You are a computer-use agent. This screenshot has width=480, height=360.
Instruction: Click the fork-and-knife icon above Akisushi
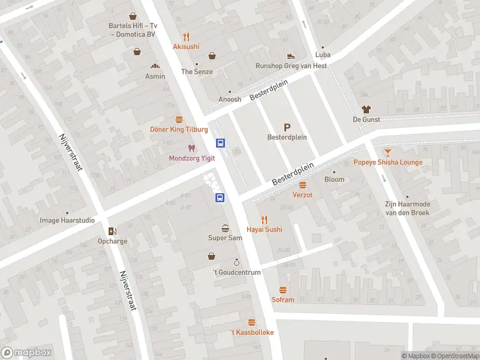pos(186,36)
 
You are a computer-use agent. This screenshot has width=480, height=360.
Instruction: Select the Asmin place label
pos(155,76)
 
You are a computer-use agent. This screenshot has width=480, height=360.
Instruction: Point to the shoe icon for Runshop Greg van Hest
pos(291,56)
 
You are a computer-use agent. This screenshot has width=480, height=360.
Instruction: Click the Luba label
pos(323,55)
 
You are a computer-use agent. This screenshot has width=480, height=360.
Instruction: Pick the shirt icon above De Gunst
pos(366,109)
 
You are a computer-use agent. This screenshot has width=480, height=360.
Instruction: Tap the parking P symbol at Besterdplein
pos(287,127)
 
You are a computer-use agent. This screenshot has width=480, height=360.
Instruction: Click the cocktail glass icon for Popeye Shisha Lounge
pos(388,152)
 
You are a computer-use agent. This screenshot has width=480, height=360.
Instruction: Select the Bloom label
pos(334,179)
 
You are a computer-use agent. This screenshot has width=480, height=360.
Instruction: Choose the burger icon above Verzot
pos(302,185)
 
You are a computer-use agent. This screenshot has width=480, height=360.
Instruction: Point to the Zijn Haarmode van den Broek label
pos(407,208)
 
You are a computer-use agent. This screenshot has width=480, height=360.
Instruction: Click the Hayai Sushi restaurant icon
pos(264,220)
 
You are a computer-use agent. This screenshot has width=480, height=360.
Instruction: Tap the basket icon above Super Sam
pos(225,228)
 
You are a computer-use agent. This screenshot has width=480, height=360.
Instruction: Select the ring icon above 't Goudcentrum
pos(237,262)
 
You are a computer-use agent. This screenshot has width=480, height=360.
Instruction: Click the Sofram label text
pos(283,299)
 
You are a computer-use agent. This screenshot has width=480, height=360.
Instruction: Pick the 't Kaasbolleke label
pos(252,332)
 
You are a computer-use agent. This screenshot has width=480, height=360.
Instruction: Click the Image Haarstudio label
pos(67,220)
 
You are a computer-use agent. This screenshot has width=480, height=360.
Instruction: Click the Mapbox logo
pos(26,353)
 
